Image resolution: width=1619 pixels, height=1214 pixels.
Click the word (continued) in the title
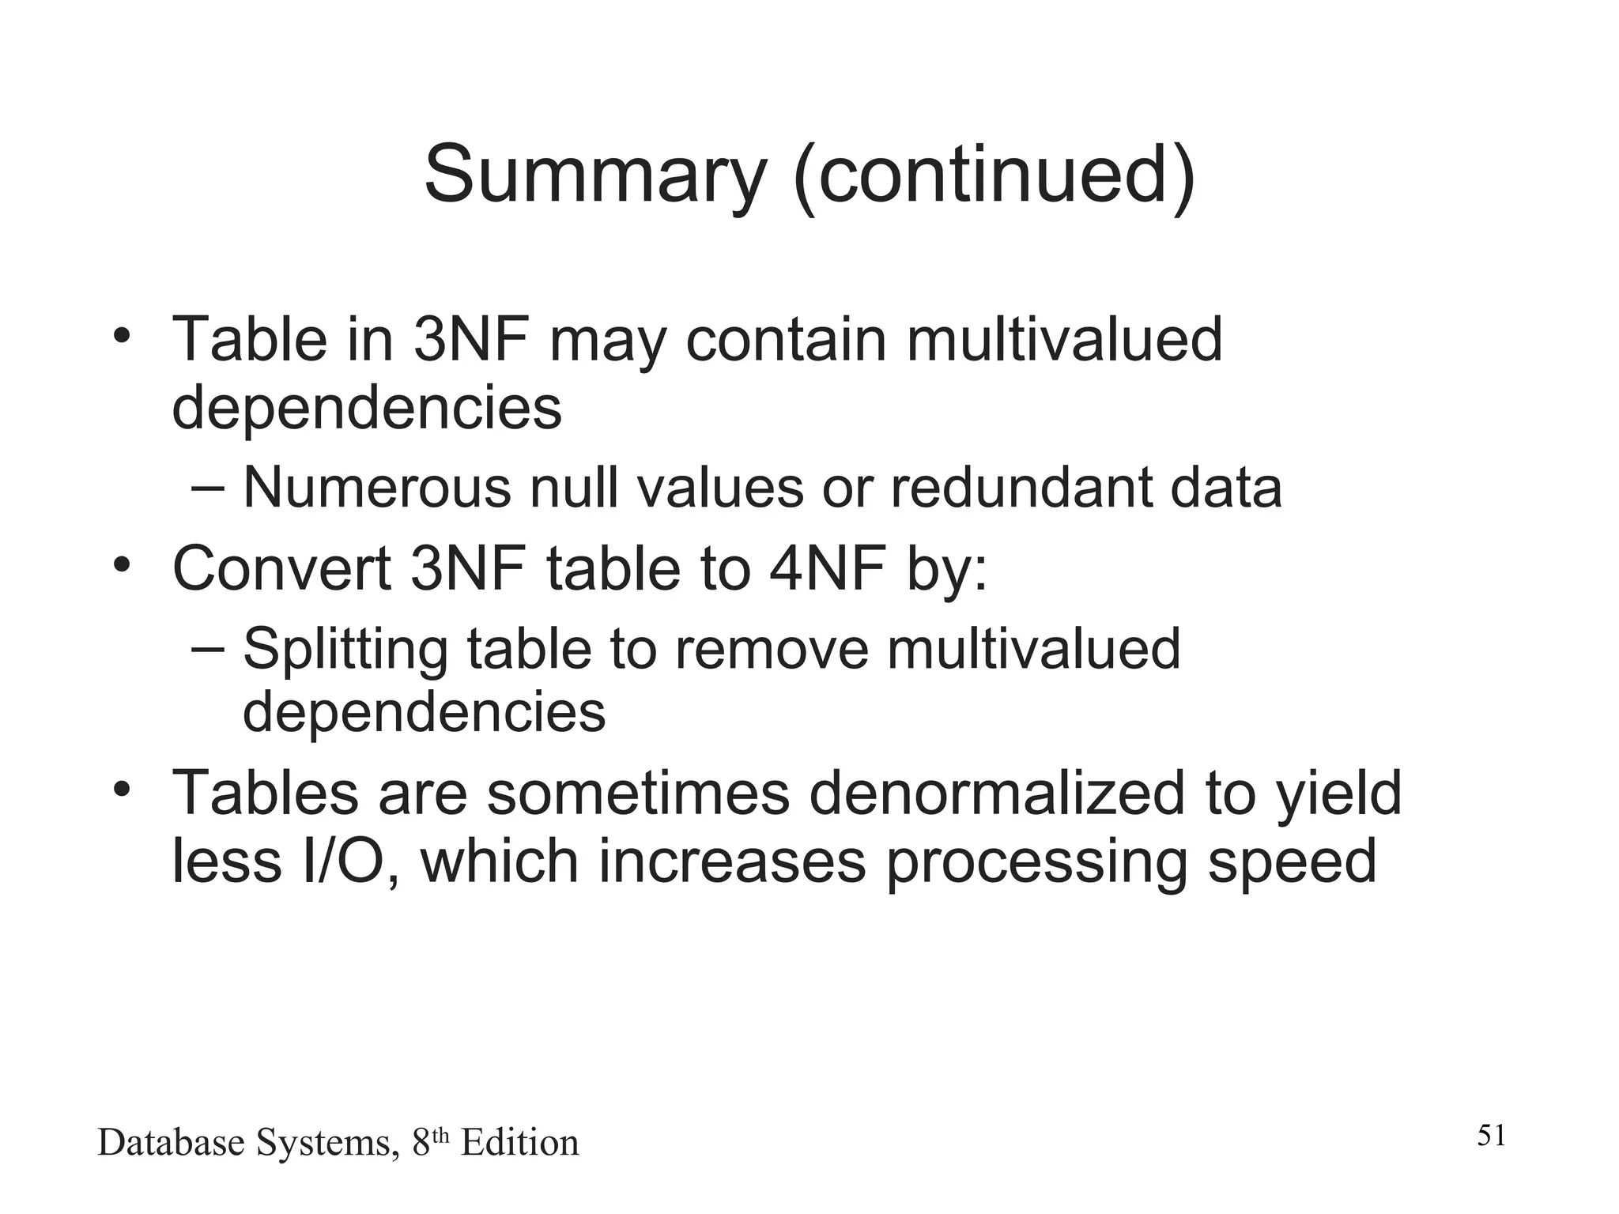click(994, 175)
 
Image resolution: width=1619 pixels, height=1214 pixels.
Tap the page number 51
click(1492, 1136)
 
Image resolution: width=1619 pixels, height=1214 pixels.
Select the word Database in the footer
click(171, 1143)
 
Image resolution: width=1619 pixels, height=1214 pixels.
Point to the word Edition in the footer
click(519, 1143)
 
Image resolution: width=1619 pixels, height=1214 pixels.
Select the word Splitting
click(345, 648)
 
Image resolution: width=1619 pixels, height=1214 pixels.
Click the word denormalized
click(997, 794)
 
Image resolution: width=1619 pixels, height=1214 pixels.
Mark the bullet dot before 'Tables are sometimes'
click(121, 789)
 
